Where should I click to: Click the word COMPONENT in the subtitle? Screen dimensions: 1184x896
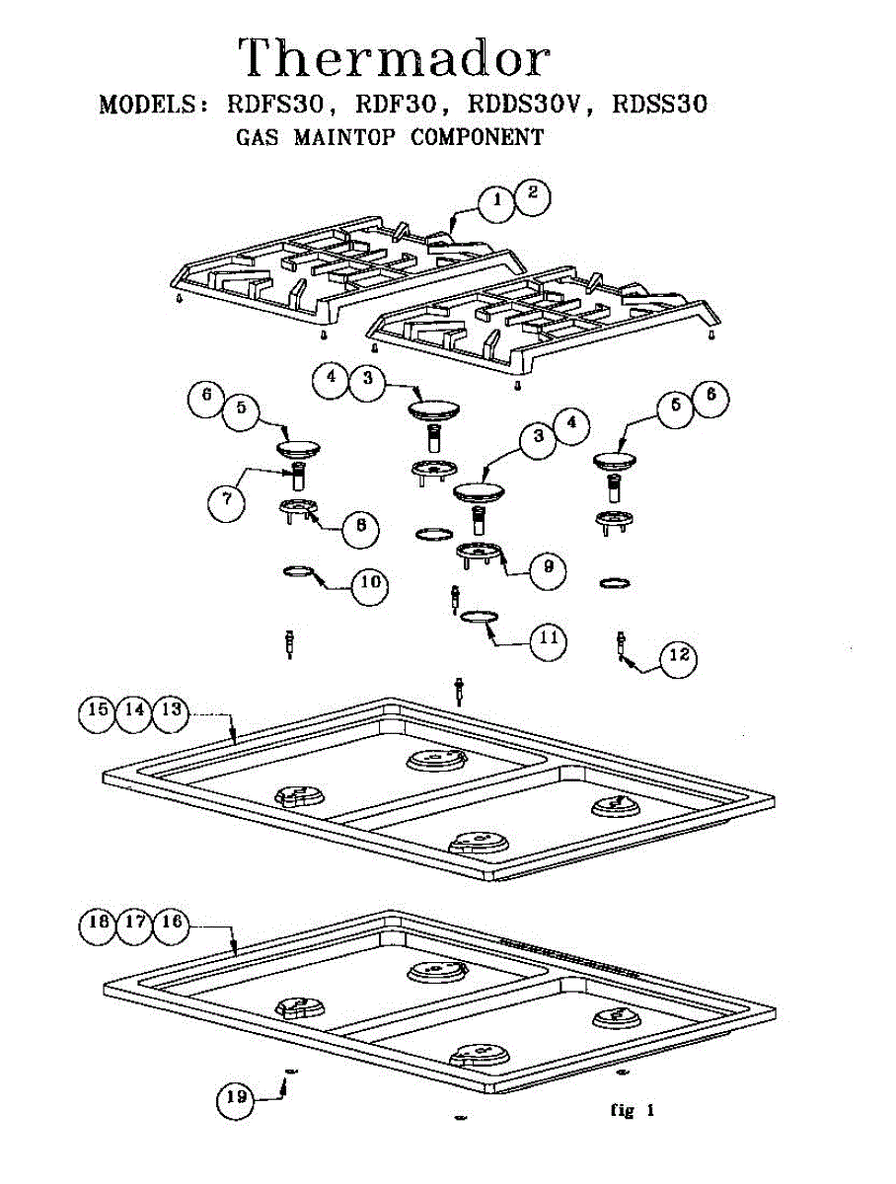pos(477,138)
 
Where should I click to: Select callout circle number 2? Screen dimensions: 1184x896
pos(531,195)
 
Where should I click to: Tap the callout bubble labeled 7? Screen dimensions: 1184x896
pos(227,500)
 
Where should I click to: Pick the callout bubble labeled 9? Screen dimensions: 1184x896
pos(547,567)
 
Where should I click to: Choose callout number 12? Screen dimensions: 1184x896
pos(676,655)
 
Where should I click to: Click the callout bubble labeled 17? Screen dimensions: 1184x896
pos(134,925)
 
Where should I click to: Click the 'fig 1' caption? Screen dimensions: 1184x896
pos(633,1110)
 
